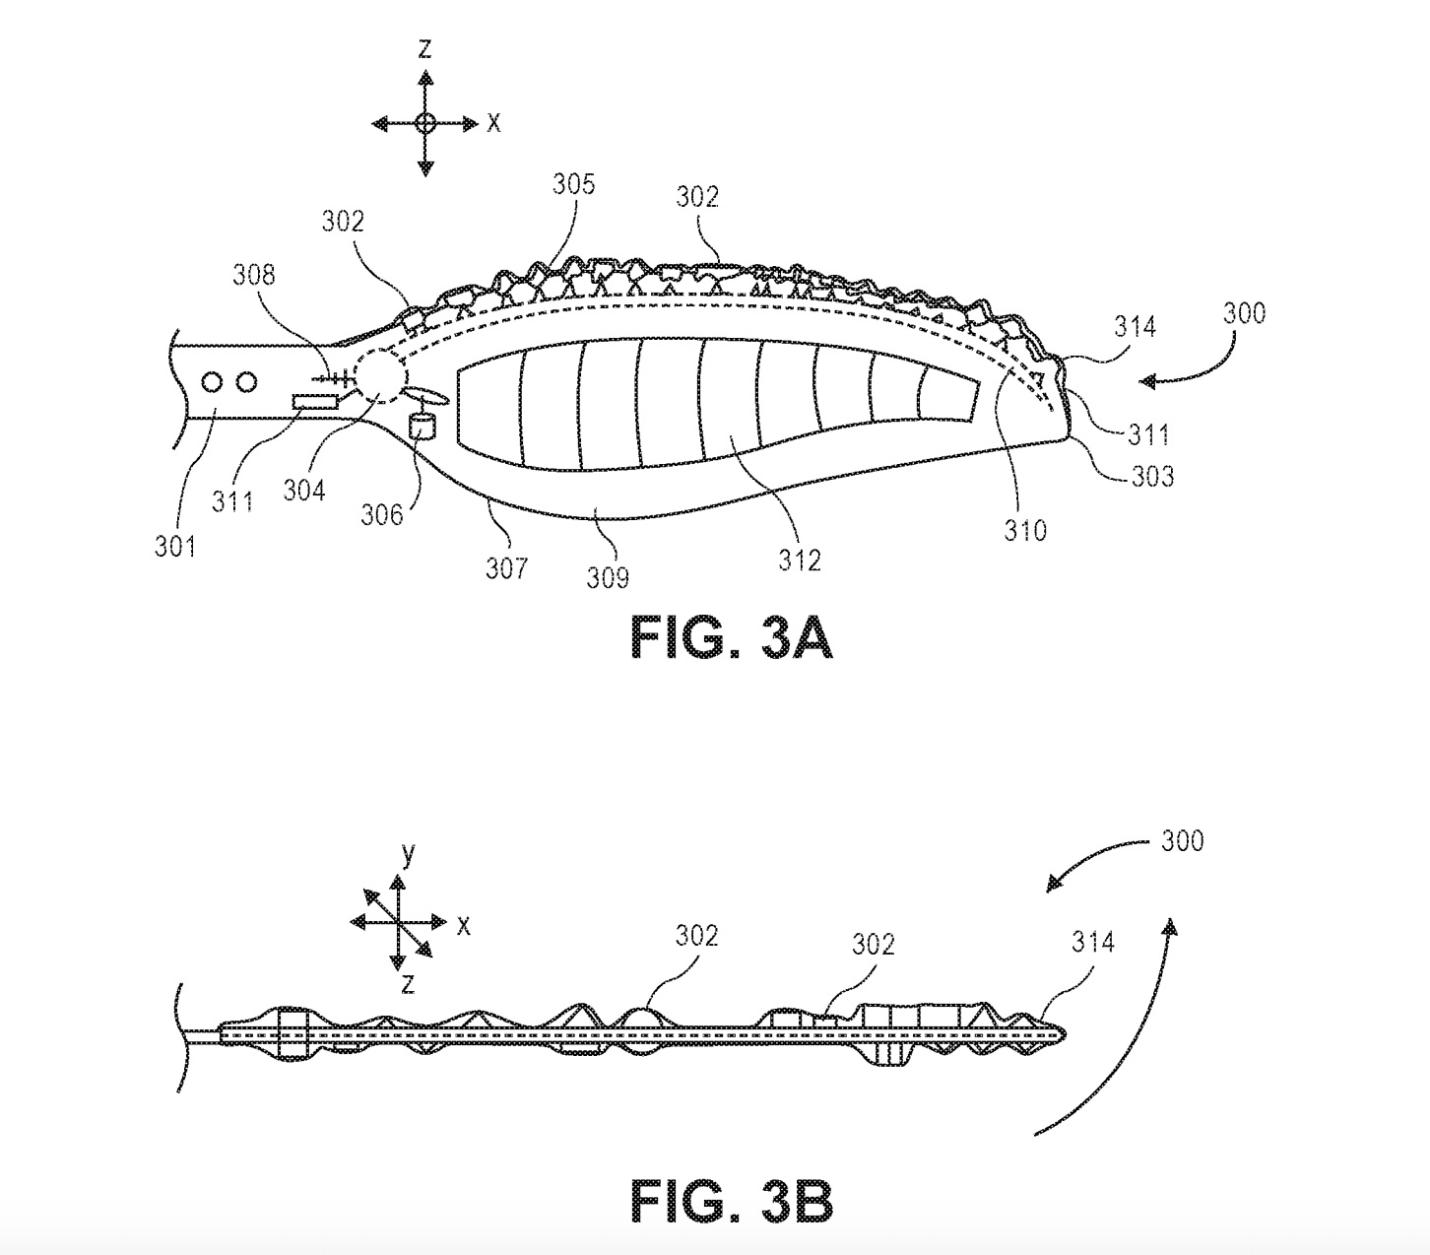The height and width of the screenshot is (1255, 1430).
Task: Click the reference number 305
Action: (x=573, y=184)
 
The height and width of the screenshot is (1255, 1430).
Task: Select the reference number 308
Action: (x=254, y=275)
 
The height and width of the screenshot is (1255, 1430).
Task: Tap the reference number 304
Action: (x=304, y=489)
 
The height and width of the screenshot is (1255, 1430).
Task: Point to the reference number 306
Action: (x=381, y=513)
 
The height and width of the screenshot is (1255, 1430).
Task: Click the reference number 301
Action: (x=174, y=545)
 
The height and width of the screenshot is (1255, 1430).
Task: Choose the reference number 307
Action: (x=506, y=567)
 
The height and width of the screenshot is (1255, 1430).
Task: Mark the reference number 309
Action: (x=608, y=576)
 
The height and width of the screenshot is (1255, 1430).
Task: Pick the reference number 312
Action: (x=799, y=560)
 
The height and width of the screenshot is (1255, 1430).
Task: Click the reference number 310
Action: (x=1025, y=530)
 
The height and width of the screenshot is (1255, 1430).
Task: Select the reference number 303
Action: (x=1152, y=477)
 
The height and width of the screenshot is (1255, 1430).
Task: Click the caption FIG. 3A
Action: (x=732, y=638)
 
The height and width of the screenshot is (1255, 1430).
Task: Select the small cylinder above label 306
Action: (x=422, y=427)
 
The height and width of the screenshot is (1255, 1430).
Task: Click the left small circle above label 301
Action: (x=213, y=381)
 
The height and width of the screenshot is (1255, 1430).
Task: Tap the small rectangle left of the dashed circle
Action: (x=314, y=401)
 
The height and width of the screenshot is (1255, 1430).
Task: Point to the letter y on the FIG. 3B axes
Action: (x=408, y=854)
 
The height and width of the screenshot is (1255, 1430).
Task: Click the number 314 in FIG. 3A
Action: (x=1135, y=325)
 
